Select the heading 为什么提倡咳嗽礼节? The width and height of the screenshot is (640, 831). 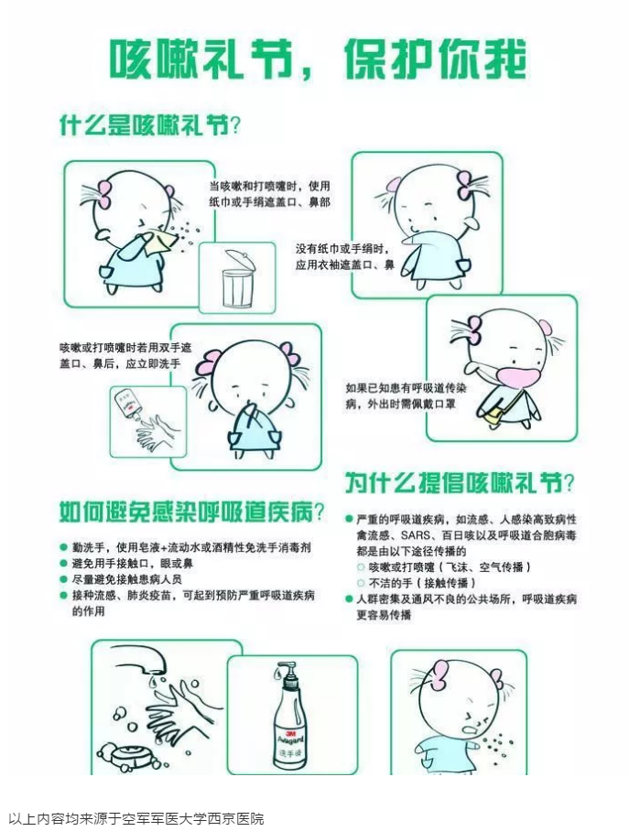(x=460, y=482)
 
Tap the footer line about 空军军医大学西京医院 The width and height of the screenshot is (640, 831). (x=136, y=818)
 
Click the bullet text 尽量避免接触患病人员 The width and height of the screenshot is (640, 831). (x=126, y=579)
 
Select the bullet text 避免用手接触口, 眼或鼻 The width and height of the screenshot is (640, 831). (x=133, y=564)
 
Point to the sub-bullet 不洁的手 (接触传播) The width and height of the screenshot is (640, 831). (x=422, y=583)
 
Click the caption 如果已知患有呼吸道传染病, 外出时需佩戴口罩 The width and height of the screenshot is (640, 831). (x=406, y=396)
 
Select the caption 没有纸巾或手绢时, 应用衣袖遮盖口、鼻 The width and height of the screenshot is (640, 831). (x=344, y=256)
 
